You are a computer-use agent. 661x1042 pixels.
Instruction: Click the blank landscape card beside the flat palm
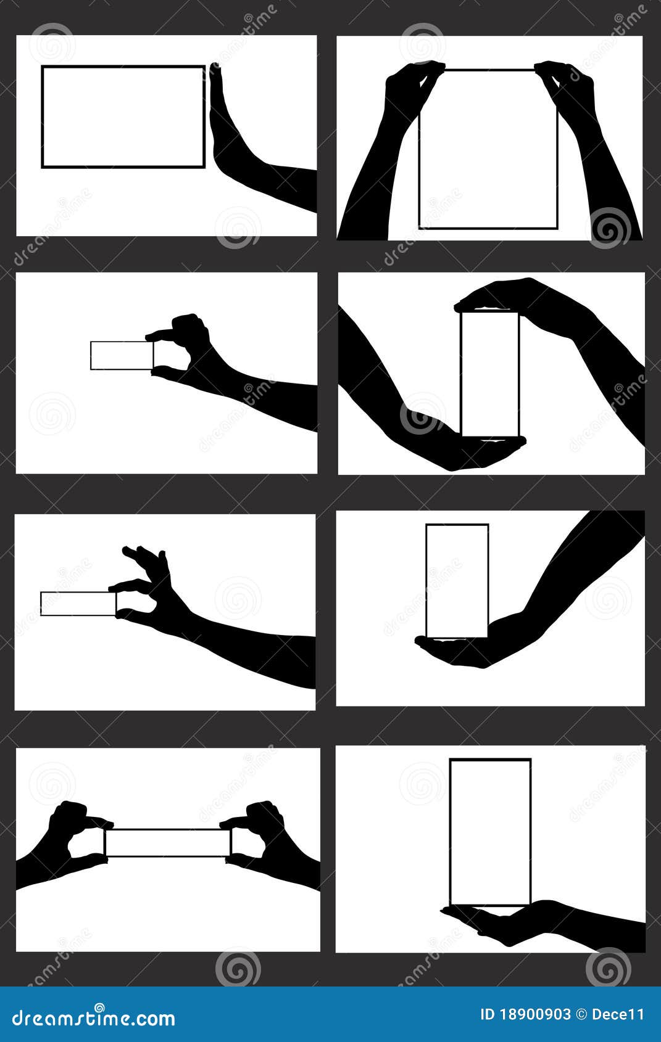click(x=123, y=117)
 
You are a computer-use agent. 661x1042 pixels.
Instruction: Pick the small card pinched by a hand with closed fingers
click(x=121, y=355)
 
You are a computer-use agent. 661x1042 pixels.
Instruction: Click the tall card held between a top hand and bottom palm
click(x=490, y=373)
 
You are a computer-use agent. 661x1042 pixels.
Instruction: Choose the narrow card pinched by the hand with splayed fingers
click(x=78, y=603)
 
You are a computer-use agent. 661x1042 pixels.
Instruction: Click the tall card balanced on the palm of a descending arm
click(x=457, y=580)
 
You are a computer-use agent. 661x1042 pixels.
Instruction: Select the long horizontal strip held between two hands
click(x=167, y=843)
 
